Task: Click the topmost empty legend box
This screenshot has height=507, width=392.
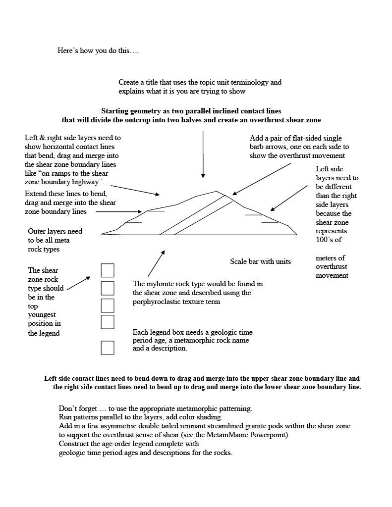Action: pos(108,270)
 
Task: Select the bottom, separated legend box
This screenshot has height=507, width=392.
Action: pos(108,348)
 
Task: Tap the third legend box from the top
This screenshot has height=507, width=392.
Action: pos(108,305)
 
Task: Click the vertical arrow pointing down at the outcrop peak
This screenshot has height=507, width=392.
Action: pos(203,153)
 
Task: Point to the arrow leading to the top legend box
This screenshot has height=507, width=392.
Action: pos(78,283)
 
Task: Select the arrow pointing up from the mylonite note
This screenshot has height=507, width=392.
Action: pos(156,263)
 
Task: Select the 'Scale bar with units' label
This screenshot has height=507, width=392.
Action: pos(260,261)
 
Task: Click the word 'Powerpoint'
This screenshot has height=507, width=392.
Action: pos(269,435)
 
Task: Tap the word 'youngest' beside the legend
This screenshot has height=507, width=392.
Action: pos(42,315)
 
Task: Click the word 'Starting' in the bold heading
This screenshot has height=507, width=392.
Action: pos(115,111)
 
